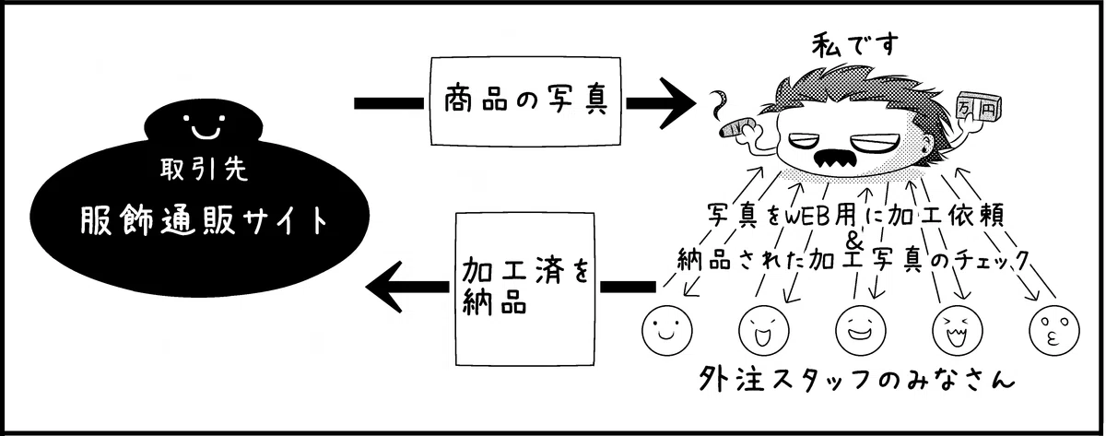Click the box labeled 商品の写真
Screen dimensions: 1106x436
pyautogui.click(x=525, y=101)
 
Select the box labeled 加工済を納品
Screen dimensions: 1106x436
pyautogui.click(x=524, y=289)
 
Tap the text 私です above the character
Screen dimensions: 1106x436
pyautogui.click(x=855, y=46)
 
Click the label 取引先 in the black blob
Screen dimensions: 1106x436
pyautogui.click(x=204, y=170)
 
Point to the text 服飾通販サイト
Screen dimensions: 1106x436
pyautogui.click(x=204, y=220)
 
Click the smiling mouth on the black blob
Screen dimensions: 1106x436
pyautogui.click(x=206, y=131)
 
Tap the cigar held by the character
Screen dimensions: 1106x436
pyautogui.click(x=735, y=126)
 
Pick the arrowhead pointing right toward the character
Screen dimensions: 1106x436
pyautogui.click(x=676, y=103)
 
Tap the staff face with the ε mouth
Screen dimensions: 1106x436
pyautogui.click(x=1054, y=330)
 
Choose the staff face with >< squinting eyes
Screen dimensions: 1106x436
pyautogui.click(x=958, y=330)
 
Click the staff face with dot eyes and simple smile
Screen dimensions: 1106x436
pyautogui.click(x=667, y=330)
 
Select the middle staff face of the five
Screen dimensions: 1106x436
pyautogui.click(x=861, y=330)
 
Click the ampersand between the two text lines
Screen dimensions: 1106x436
pyautogui.click(x=854, y=240)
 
